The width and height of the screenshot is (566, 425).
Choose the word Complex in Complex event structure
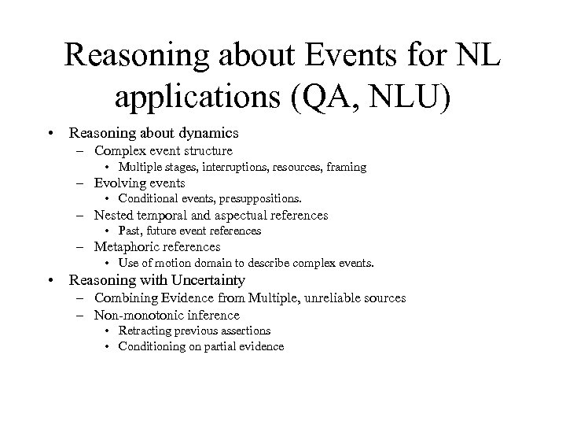pos(119,150)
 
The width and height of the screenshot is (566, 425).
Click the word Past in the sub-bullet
pos(129,231)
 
